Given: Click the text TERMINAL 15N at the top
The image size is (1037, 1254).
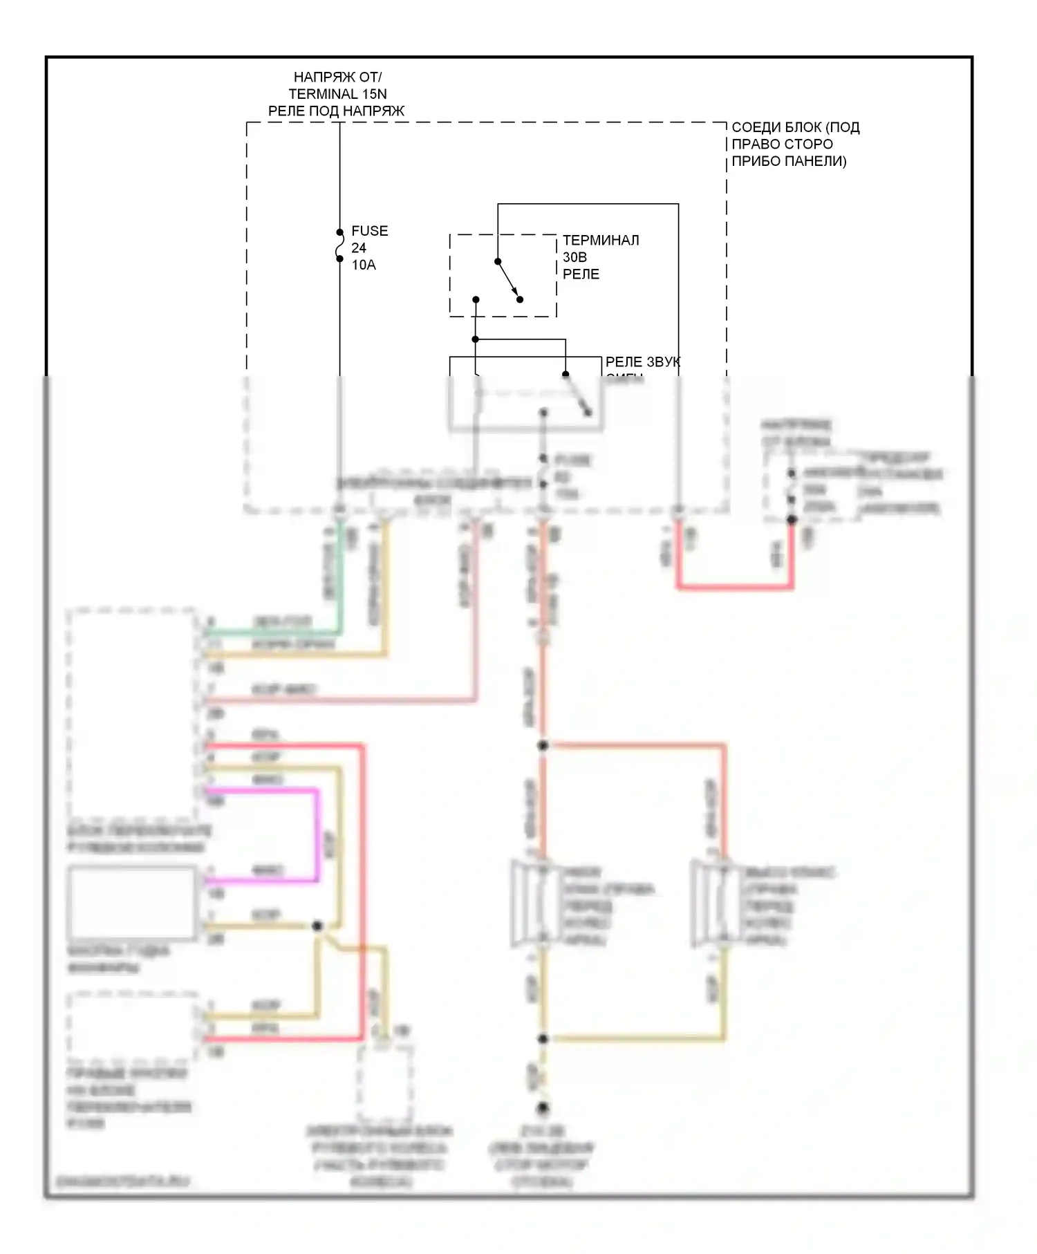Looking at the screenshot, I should pyautogui.click(x=337, y=94).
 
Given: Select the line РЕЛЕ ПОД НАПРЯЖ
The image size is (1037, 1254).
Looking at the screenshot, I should pyautogui.click(x=336, y=111).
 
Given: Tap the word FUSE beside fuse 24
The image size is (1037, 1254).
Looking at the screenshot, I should pyautogui.click(x=369, y=231).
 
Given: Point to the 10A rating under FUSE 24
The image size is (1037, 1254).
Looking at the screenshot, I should pyautogui.click(x=363, y=265).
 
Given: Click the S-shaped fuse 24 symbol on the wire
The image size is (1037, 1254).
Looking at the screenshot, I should pyautogui.click(x=339, y=246).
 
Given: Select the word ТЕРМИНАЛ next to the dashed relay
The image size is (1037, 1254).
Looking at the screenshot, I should pyautogui.click(x=600, y=240).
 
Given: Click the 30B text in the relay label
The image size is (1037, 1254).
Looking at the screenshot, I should pyautogui.click(x=574, y=257).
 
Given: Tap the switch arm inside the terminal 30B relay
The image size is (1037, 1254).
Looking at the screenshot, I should pyautogui.click(x=508, y=280).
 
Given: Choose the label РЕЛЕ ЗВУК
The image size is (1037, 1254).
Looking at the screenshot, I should pyautogui.click(x=642, y=362).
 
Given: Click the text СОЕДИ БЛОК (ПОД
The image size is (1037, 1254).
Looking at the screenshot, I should pyautogui.click(x=795, y=127).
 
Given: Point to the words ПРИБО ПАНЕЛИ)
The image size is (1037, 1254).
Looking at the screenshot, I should pyautogui.click(x=788, y=161).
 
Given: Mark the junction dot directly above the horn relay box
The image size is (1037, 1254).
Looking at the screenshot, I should pyautogui.click(x=476, y=339).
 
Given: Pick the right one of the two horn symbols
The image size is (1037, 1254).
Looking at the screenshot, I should pyautogui.click(x=716, y=903).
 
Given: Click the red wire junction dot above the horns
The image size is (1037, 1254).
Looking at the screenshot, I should pyautogui.click(x=543, y=745).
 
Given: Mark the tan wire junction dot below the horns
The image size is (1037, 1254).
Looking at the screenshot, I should pyautogui.click(x=543, y=1038).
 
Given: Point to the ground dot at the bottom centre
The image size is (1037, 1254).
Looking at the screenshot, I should pyautogui.click(x=543, y=1107).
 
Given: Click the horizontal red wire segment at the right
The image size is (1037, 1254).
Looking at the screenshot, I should pyautogui.click(x=734, y=588).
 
